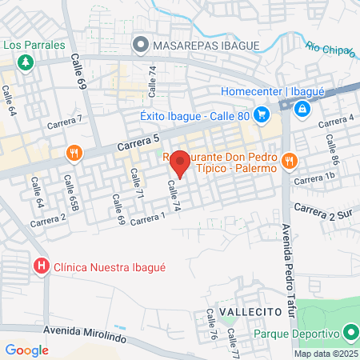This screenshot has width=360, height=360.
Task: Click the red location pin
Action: [180, 162]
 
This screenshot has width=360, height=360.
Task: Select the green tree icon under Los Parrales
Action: [26, 62]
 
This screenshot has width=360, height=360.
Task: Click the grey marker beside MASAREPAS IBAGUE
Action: [142, 45]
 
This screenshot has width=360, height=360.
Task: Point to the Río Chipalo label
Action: [330, 50]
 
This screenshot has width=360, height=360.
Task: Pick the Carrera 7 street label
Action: [65, 122]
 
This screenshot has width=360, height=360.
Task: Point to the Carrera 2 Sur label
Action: [322, 210]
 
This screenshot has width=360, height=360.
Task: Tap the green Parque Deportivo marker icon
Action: [350, 332]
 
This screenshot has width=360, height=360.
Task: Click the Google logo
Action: [26, 350]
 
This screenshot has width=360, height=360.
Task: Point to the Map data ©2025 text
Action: [326, 354]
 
